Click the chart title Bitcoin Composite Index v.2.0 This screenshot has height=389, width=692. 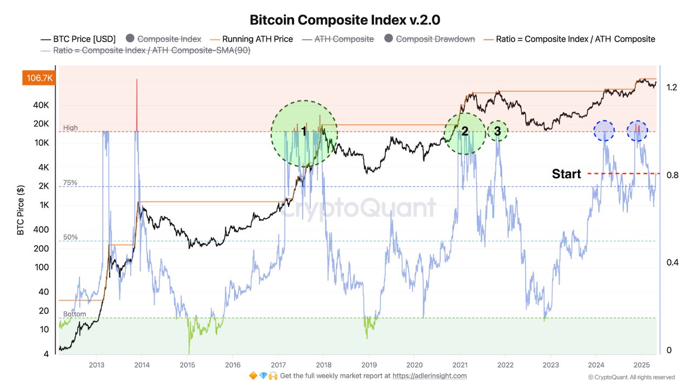[345, 20]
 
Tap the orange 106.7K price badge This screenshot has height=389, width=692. [37, 78]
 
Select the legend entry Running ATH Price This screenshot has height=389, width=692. [252, 39]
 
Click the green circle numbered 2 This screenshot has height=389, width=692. [464, 132]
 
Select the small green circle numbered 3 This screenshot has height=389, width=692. [497, 131]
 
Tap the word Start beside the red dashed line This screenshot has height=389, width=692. [566, 174]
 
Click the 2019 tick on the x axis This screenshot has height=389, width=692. [369, 365]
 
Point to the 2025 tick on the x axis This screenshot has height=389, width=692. [641, 365]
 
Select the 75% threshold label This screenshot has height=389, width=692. [70, 183]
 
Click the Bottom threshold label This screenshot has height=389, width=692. [74, 314]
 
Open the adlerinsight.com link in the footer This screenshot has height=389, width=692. [429, 375]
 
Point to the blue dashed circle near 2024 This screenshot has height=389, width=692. [603, 131]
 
